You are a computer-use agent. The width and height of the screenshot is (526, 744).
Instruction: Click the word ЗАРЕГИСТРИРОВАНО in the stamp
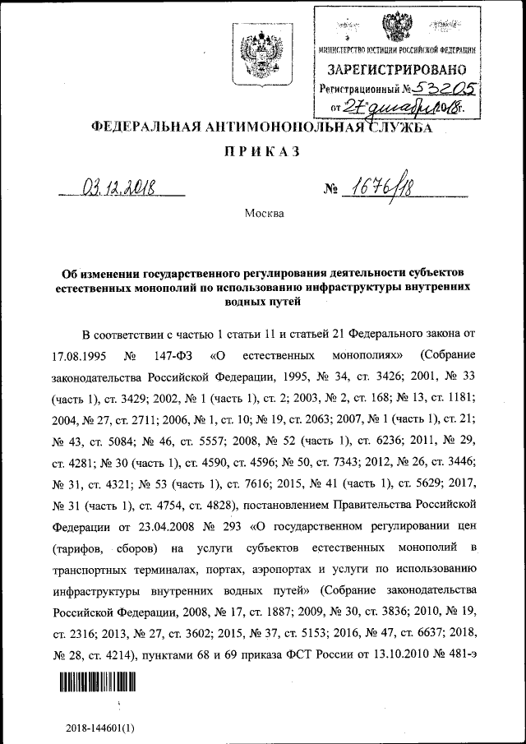tap(399, 70)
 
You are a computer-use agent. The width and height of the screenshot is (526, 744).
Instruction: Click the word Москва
tap(264, 214)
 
